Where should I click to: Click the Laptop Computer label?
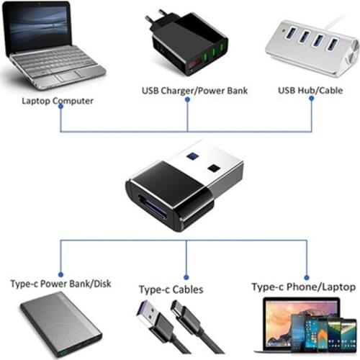[x=58, y=101]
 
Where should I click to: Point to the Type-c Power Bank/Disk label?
[x=59, y=284]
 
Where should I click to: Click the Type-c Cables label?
[x=171, y=289]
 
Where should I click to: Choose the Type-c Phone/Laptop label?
[x=302, y=287]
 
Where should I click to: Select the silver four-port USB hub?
[x=311, y=47]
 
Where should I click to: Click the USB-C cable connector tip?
[x=176, y=310]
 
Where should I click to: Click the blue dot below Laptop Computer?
[x=60, y=112]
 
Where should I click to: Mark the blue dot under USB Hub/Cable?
[x=312, y=100]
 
